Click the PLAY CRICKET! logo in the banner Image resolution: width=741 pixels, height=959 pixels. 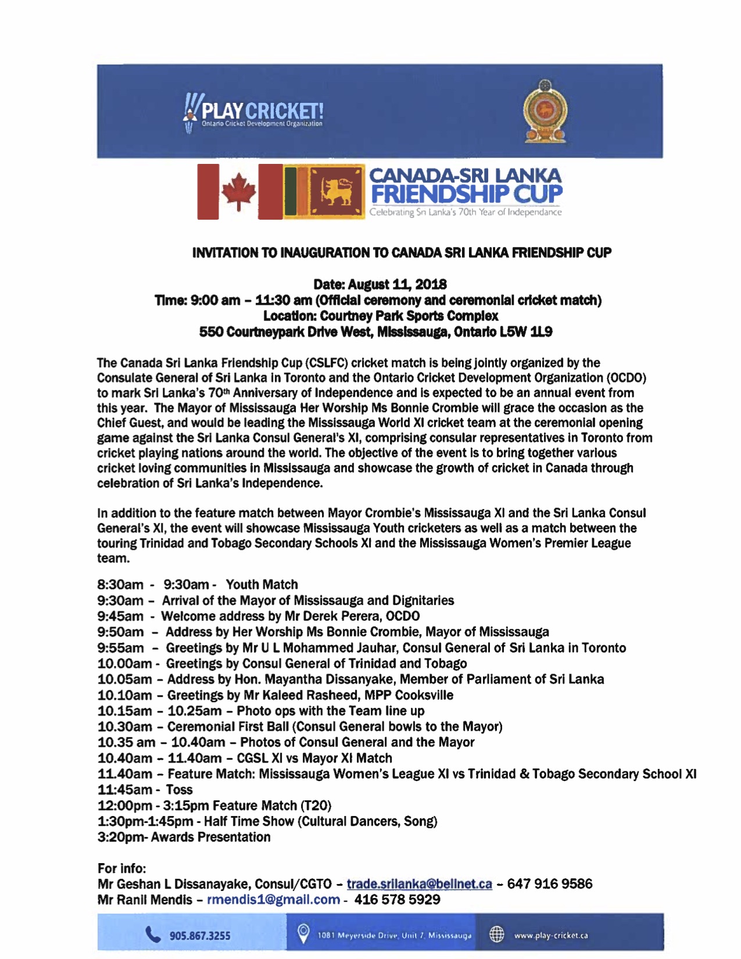[x=254, y=111]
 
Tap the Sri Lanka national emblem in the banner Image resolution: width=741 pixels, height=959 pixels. [x=545, y=111]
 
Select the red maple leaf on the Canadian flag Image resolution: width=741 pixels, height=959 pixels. [x=238, y=191]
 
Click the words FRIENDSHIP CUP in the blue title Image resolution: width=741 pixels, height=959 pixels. [x=467, y=194]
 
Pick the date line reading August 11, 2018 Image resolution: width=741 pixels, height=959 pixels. [x=380, y=284]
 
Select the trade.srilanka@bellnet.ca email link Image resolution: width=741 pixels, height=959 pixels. [x=419, y=884]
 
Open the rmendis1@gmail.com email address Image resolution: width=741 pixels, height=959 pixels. [x=273, y=900]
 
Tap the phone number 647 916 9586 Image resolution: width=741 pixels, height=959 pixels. [x=550, y=884]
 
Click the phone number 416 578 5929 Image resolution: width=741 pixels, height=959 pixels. [x=398, y=900]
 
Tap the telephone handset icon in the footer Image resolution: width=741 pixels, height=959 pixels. [x=153, y=935]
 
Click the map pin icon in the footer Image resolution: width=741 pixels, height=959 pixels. [x=303, y=933]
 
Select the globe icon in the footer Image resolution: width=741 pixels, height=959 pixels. [x=496, y=935]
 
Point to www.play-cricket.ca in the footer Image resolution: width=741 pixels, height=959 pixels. [x=551, y=935]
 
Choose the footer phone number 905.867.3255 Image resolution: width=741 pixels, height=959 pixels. [x=200, y=936]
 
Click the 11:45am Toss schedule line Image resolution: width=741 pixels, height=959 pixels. [x=145, y=790]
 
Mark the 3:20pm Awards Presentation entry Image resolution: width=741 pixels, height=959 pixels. [x=184, y=837]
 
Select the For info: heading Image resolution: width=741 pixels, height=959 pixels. [x=122, y=868]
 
